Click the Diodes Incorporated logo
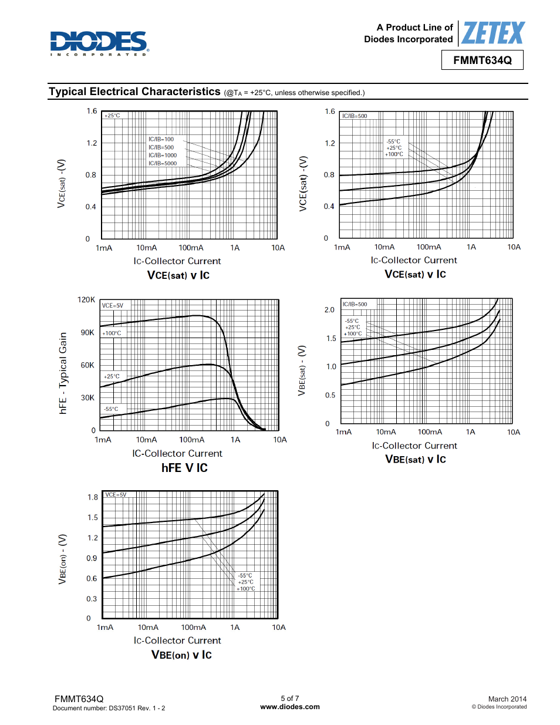pyautogui.click(x=99, y=43)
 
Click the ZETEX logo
pyautogui.click(x=492, y=33)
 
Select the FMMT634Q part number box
pyautogui.click(x=482, y=60)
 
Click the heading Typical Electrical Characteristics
pyautogui.click(x=134, y=92)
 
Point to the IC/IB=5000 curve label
pyautogui.click(x=162, y=164)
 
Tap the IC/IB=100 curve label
pyautogui.click(x=161, y=140)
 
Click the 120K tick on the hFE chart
pyautogui.click(x=86, y=300)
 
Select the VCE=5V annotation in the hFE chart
pyautogui.click(x=113, y=306)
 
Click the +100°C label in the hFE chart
pyautogui.click(x=112, y=333)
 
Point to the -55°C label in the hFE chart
pyautogui.click(x=111, y=409)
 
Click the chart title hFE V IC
pyautogui.click(x=184, y=468)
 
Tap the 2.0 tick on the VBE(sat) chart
pyautogui.click(x=329, y=310)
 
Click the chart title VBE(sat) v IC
pyautogui.click(x=415, y=460)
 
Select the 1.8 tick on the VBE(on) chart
pyautogui.click(x=92, y=497)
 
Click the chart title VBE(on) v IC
pyautogui.click(x=181, y=655)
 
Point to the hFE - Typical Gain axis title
pyautogui.click(x=63, y=373)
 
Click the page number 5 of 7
pyautogui.click(x=289, y=699)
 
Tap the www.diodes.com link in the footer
pyautogui.click(x=290, y=707)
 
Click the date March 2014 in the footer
pyautogui.click(x=507, y=699)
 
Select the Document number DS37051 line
pyautogui.click(x=109, y=708)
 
